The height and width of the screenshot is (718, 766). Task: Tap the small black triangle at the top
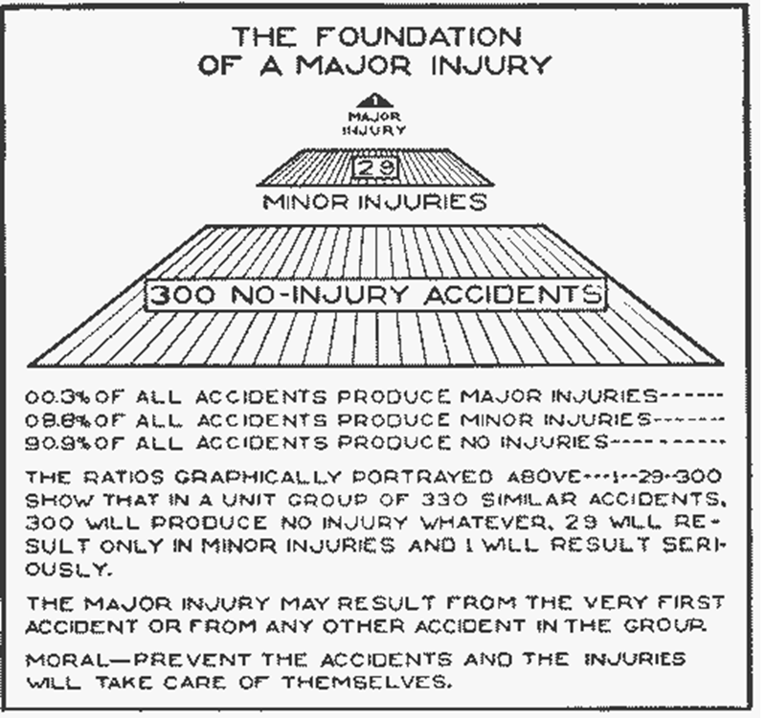tap(375, 99)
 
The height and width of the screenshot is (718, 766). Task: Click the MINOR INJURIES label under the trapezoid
tap(375, 202)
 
